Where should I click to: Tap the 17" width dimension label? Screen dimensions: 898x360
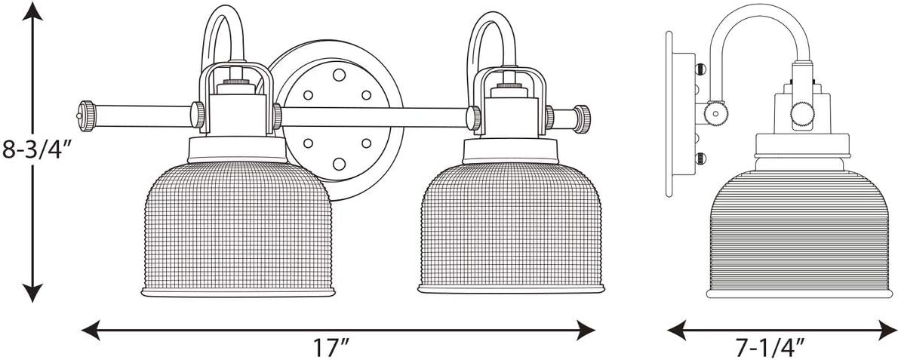331,347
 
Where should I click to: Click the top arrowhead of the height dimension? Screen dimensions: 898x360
32,11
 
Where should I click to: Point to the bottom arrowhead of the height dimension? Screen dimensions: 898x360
32,292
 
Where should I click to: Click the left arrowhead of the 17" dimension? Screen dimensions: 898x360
91,331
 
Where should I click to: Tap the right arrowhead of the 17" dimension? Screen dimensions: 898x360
585,331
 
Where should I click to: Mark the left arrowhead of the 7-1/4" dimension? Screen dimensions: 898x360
678,331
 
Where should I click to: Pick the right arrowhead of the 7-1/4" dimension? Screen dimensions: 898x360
887,331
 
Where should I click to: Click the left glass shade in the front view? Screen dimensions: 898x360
238,228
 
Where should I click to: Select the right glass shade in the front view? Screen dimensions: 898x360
512,227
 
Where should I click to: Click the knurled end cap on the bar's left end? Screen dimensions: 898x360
87,115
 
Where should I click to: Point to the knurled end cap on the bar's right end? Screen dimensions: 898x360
582,119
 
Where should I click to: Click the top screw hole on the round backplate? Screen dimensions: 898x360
339,75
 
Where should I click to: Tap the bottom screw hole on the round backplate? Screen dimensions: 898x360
339,165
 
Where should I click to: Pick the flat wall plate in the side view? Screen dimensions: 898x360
669,115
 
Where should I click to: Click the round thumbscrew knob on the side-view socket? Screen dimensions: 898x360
801,113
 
